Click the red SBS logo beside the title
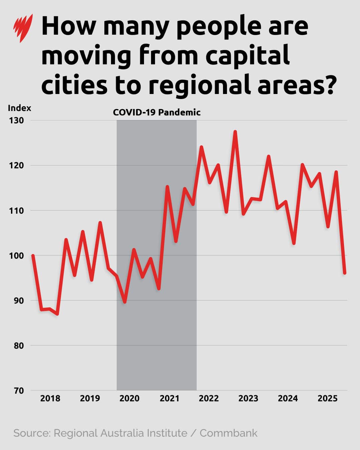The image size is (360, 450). [x=23, y=28]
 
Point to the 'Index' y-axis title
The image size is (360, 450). [x=19, y=108]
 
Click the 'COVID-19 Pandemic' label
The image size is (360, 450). [x=157, y=112]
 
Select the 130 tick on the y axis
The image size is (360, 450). [x=17, y=120]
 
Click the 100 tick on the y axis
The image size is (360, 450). [x=17, y=256]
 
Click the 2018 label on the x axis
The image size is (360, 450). [x=50, y=398]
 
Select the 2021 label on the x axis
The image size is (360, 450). [x=169, y=398]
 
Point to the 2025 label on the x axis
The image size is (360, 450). [x=327, y=398]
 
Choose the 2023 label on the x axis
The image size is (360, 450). [x=248, y=398]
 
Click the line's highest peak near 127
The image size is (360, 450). [x=235, y=132]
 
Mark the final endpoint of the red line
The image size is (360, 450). [x=345, y=273]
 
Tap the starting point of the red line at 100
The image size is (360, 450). [x=33, y=256]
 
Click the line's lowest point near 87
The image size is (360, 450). [x=58, y=314]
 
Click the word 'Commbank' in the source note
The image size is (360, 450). [x=228, y=433]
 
